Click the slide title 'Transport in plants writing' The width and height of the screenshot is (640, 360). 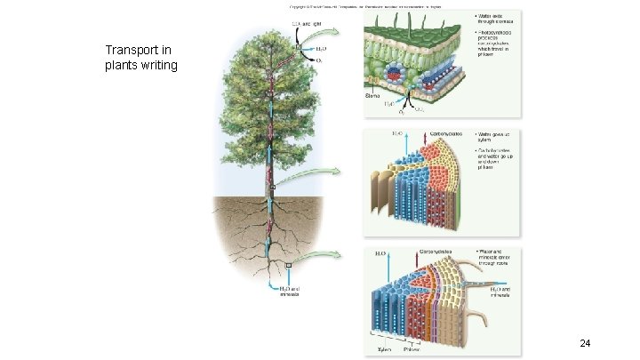[x=142, y=58]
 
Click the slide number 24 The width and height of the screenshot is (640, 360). [x=584, y=343]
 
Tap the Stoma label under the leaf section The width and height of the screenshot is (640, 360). [x=375, y=93]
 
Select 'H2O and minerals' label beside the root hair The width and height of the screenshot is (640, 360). [x=500, y=292]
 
